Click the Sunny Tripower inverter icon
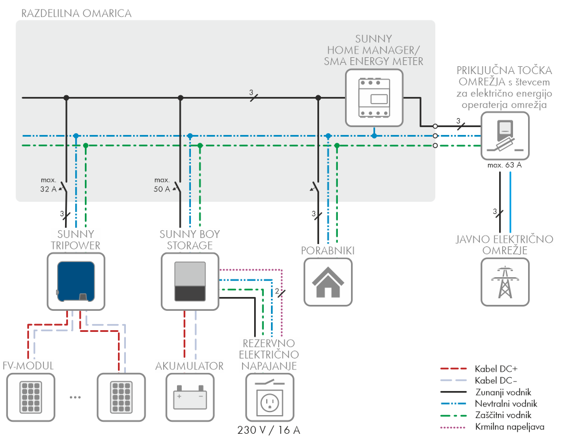pyautogui.click(x=76, y=282)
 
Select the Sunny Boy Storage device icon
pyautogui.click(x=190, y=282)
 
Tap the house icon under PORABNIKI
pyautogui.click(x=328, y=282)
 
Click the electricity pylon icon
pyautogui.click(x=505, y=282)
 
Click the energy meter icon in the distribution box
pyautogui.click(x=374, y=98)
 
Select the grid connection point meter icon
pyautogui.click(x=505, y=136)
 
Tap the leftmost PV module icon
pyautogui.click(x=31, y=398)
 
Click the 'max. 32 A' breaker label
pyautogui.click(x=48, y=184)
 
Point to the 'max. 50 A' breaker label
pyautogui.click(x=162, y=184)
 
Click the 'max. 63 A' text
pyautogui.click(x=505, y=165)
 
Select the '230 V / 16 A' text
pyautogui.click(x=269, y=430)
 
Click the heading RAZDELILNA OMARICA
pyautogui.click(x=76, y=13)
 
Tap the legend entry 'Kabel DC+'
pyautogui.click(x=479, y=369)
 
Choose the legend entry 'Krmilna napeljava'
pyautogui.click(x=492, y=427)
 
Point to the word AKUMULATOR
pyautogui.click(x=190, y=366)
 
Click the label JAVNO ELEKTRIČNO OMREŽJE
pyautogui.click(x=505, y=245)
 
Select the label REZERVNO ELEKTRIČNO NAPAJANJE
pyautogui.click(x=269, y=354)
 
